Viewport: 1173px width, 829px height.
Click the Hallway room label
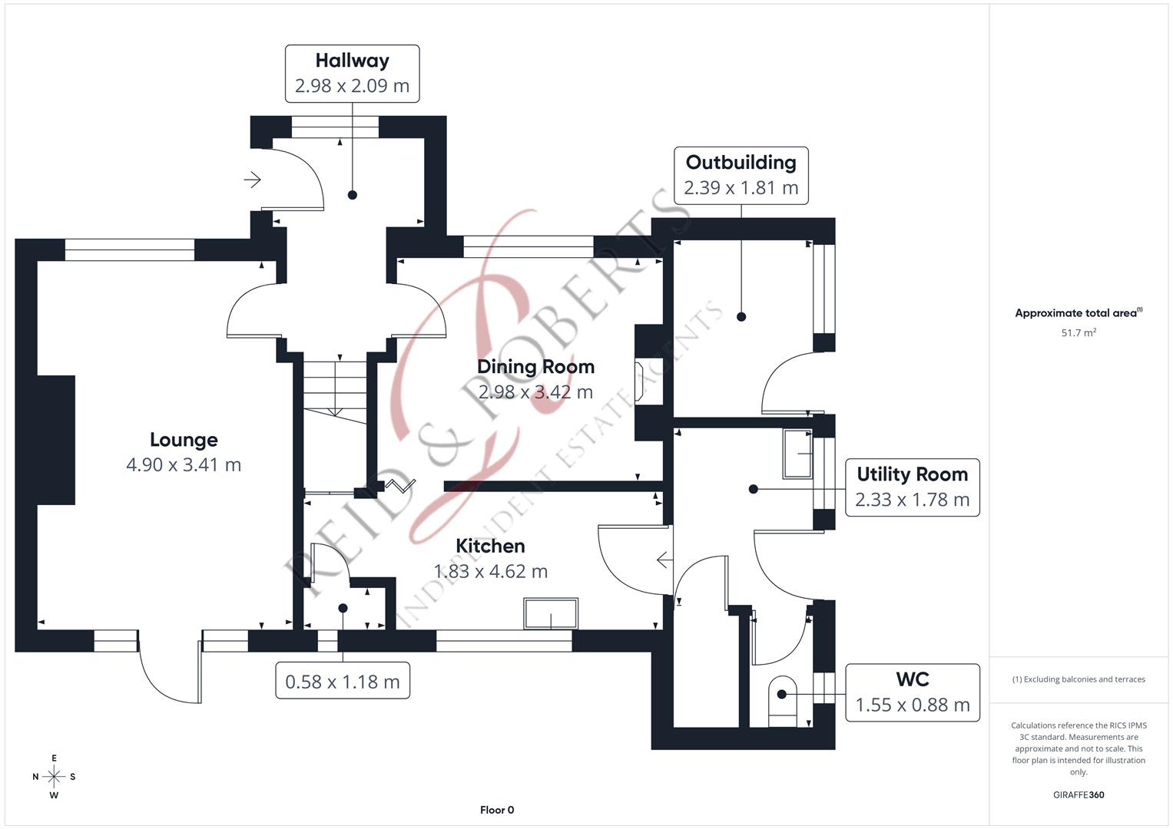[x=352, y=61]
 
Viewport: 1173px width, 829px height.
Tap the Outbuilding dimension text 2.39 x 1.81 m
[x=741, y=188]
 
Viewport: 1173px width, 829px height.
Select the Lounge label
[x=184, y=440]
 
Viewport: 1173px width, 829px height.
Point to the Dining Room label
[x=535, y=367]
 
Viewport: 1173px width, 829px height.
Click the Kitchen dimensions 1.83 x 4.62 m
[x=491, y=572]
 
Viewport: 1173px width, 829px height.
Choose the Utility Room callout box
[x=913, y=487]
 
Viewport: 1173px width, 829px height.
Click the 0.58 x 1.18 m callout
[x=343, y=681]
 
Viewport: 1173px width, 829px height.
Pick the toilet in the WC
[x=782, y=701]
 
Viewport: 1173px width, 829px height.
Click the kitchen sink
[x=551, y=613]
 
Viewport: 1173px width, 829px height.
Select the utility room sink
[x=797, y=454]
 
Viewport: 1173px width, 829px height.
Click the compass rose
[x=54, y=777]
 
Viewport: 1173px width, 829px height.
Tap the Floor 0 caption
[x=497, y=810]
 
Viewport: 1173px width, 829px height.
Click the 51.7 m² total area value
[x=1079, y=332]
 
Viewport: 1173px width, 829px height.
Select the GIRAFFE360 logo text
[x=1079, y=794]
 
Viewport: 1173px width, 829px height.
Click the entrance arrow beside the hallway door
[x=253, y=180]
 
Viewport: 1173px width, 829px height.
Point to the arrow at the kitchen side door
[x=664, y=560]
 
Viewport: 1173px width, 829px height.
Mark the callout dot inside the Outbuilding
[x=741, y=316]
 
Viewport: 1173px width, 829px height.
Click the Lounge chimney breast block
[x=56, y=440]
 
